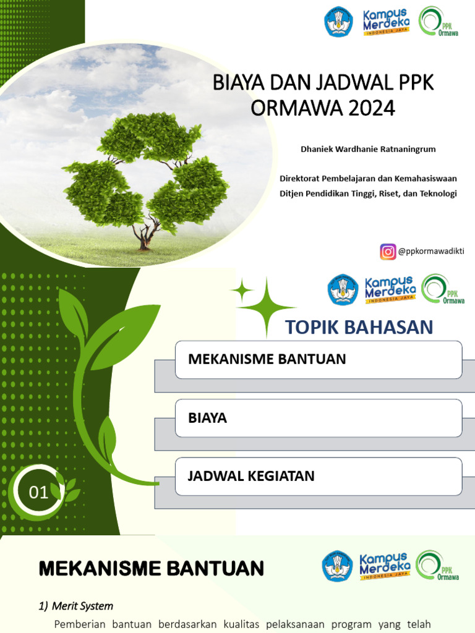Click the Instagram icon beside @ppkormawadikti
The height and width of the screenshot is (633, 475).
pos(388,252)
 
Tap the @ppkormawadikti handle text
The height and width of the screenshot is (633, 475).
pos(431,252)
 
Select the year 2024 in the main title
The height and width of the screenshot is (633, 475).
pos(370,108)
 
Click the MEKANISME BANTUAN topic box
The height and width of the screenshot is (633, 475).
pos(318,359)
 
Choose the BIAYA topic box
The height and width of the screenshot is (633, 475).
pos(318,418)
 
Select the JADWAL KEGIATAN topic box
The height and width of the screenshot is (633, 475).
pos(318,476)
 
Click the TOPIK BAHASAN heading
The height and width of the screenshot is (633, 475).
pos(359,327)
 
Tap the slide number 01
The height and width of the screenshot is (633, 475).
pos(39,492)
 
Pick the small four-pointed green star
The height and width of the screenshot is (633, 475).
pos(242,289)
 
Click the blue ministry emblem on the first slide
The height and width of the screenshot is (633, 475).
pos(339,22)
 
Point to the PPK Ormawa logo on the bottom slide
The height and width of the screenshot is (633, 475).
pos(438,566)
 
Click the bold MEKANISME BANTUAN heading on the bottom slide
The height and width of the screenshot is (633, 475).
pos(152,567)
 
